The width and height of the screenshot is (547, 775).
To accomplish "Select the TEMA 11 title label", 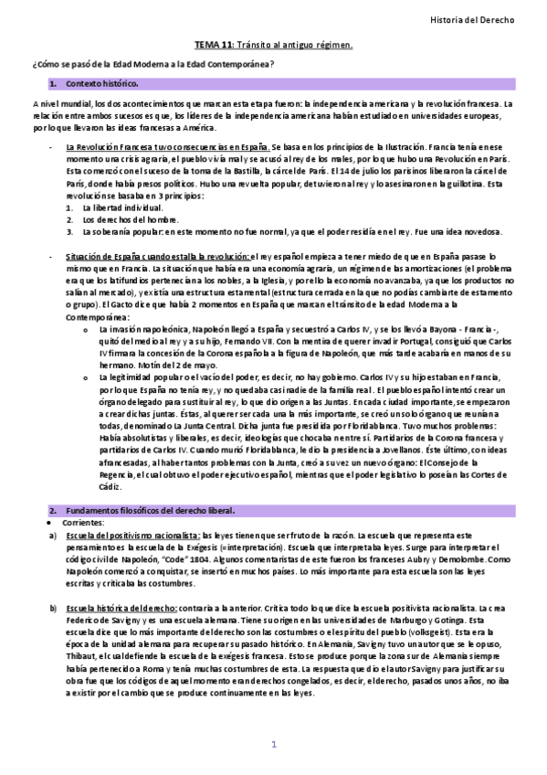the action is [214, 44].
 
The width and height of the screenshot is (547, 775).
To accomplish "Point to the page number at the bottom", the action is [273, 745].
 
